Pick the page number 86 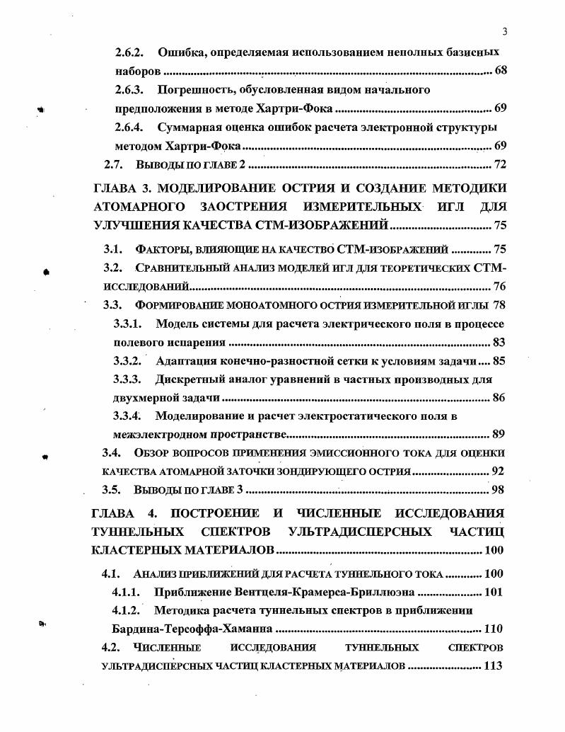click(499, 397)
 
